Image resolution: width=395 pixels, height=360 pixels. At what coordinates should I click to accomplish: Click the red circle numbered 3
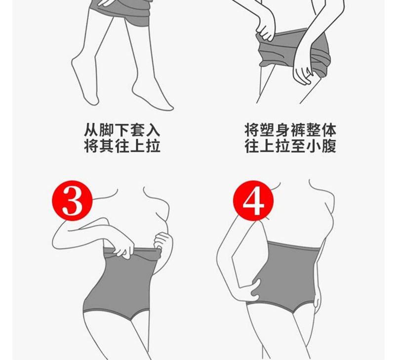[x=72, y=200]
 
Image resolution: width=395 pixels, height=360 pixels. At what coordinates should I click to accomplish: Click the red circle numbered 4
[x=253, y=200]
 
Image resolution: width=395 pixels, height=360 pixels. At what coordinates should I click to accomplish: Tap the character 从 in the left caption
[x=91, y=130]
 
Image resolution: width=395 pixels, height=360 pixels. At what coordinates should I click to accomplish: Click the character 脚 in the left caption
[x=107, y=130]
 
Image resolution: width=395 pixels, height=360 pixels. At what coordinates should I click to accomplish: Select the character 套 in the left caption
[x=138, y=130]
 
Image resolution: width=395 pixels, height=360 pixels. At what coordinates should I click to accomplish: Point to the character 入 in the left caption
[x=153, y=130]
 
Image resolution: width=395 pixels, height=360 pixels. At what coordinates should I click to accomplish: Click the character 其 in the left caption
[x=107, y=146]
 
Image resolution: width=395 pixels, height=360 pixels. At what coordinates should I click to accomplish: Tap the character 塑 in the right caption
[x=267, y=130]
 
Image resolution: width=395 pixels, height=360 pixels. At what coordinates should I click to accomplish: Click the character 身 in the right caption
[x=282, y=130]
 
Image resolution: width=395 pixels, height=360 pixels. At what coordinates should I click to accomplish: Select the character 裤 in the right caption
[x=298, y=130]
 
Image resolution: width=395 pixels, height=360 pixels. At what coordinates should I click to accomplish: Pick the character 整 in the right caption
[x=314, y=130]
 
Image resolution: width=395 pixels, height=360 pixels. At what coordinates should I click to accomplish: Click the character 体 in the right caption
[x=329, y=130]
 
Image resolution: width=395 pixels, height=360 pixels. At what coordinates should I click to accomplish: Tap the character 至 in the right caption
[x=298, y=146]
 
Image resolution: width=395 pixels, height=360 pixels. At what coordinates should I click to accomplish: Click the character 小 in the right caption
[x=314, y=146]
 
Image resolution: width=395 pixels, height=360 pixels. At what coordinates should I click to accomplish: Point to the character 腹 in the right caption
[x=329, y=146]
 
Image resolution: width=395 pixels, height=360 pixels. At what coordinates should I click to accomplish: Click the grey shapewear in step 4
[x=285, y=275]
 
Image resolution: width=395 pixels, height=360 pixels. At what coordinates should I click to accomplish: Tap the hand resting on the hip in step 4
[x=249, y=290]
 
